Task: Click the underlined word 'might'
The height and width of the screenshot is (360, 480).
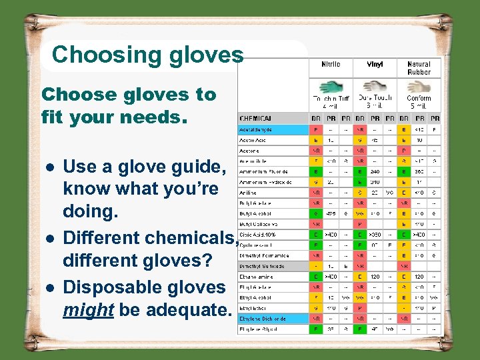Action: click(88, 311)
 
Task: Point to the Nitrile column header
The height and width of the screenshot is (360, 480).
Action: click(331, 65)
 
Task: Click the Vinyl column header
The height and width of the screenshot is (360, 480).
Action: click(375, 65)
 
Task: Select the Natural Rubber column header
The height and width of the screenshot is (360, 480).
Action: click(419, 68)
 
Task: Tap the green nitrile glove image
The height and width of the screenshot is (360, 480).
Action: click(331, 87)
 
